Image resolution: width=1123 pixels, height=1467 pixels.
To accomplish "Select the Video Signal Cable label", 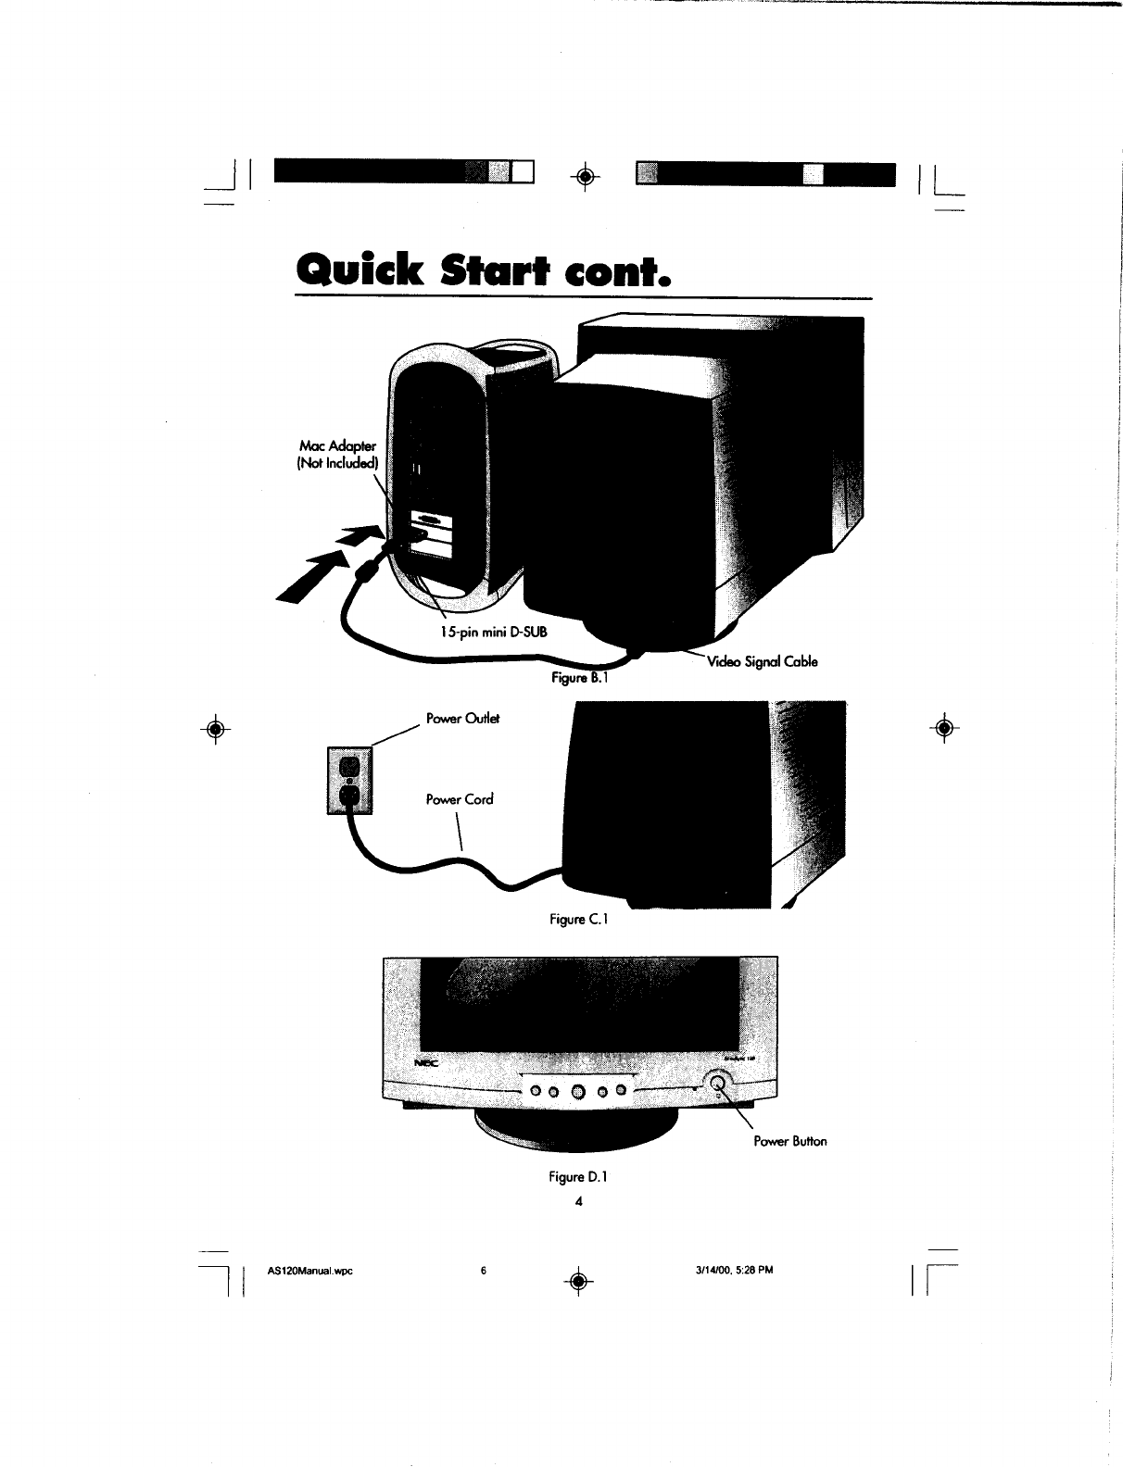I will pos(762,661).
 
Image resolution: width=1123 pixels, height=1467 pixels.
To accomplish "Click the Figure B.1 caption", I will pos(577,677).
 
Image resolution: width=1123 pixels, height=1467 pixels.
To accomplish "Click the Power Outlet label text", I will pos(462,719).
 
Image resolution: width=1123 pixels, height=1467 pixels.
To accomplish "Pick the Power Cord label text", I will pos(459,798).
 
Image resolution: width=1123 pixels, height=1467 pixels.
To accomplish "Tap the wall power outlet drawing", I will pos(349,781).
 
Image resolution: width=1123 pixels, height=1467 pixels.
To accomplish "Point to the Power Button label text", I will pos(789,1141).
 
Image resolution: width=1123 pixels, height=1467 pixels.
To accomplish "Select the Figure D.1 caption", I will pos(577,1177).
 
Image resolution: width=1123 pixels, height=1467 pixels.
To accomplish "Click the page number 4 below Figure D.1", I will pos(578,1201).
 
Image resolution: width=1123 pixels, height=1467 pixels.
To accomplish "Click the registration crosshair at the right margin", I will pos(943,727).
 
